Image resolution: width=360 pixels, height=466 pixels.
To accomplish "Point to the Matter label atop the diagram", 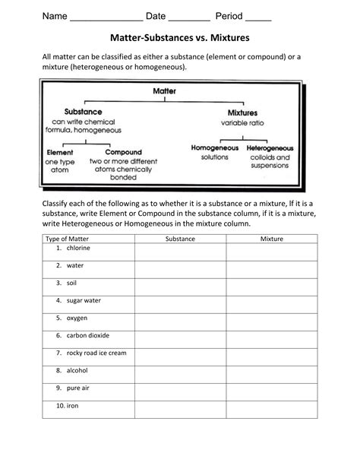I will [165, 90].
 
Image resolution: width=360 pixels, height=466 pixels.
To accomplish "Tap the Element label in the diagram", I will [59, 152].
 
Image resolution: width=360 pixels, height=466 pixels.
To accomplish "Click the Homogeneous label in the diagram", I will [214, 147].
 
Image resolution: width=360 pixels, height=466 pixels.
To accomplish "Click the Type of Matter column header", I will [68, 239].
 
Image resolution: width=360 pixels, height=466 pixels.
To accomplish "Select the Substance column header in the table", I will [180, 239].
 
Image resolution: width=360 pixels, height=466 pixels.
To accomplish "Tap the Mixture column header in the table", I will [271, 239].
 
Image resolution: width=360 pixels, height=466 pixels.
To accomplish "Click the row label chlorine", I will [78, 249].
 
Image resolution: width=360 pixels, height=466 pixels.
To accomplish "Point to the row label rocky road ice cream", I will [96, 353].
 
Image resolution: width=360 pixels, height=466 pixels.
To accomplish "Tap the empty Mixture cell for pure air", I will [271, 389].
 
